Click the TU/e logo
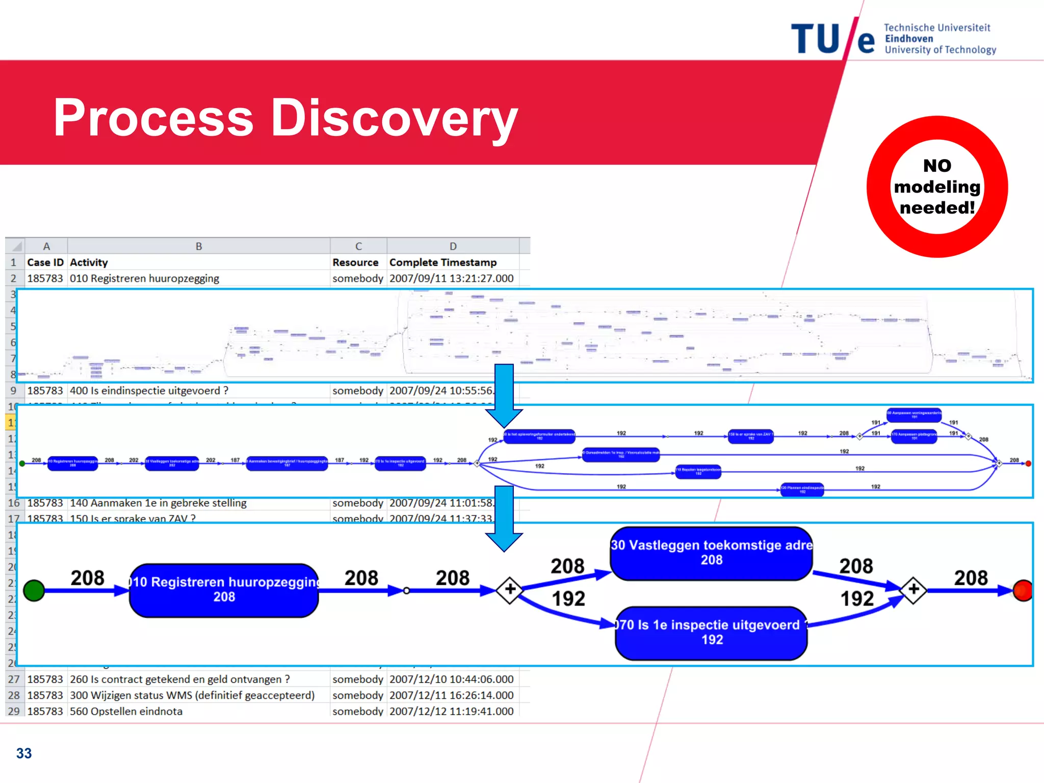point(833,39)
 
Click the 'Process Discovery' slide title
point(285,118)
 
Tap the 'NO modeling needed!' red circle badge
point(937,187)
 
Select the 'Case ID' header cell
point(45,263)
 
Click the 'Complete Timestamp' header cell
point(442,263)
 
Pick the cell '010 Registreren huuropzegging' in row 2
point(145,279)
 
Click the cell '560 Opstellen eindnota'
point(126,711)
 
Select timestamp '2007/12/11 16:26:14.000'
point(451,695)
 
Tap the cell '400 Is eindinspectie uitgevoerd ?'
point(149,391)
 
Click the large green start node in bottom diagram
point(34,590)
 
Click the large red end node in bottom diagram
point(1023,590)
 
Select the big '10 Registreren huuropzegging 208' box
point(224,590)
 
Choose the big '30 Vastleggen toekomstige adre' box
point(711,553)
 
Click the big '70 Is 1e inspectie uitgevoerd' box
point(711,633)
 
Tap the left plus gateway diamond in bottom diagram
point(510,590)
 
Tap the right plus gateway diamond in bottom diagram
point(913,590)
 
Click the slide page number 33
point(24,753)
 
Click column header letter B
point(199,246)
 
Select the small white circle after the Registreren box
point(406,591)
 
